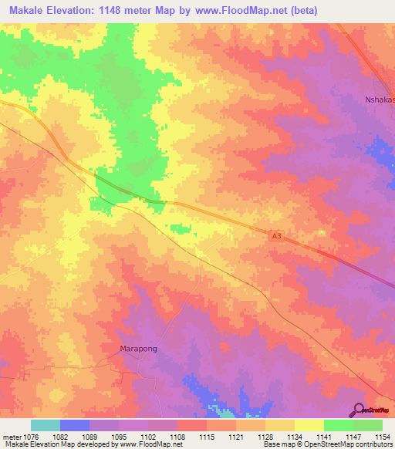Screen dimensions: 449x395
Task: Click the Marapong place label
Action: [x=142, y=349]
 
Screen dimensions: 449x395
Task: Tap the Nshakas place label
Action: [x=379, y=100]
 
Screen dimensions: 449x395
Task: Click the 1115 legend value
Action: [x=206, y=437]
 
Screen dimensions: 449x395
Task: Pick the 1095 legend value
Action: [x=119, y=437]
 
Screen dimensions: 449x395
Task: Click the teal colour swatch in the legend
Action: [x=46, y=425]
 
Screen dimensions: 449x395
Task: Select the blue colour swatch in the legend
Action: [x=75, y=425]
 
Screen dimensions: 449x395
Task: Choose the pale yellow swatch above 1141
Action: [x=309, y=425]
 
